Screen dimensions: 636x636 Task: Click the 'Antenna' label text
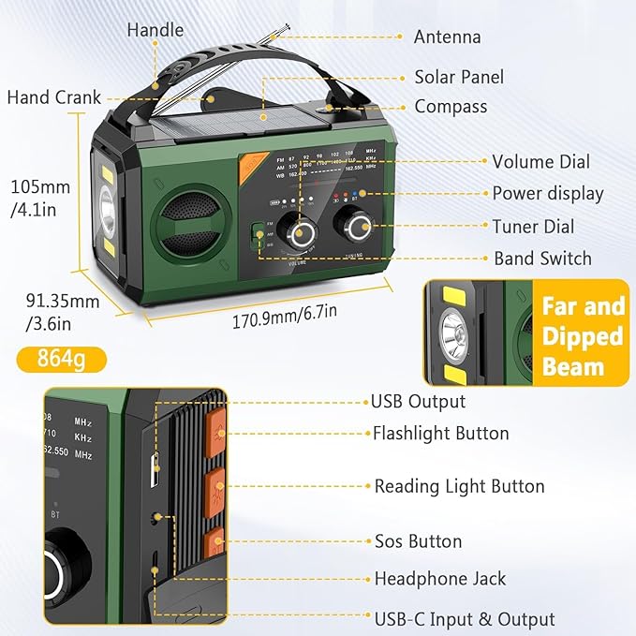(x=447, y=37)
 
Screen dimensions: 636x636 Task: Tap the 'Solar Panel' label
(x=459, y=77)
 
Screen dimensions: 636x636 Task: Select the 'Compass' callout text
(x=451, y=107)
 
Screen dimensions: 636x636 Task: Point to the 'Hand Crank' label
(x=53, y=97)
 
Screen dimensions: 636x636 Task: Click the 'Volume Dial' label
(x=540, y=162)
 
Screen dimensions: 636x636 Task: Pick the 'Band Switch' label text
(x=542, y=259)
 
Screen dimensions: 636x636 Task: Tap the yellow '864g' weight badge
(x=62, y=358)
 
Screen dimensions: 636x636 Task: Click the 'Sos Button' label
(x=418, y=541)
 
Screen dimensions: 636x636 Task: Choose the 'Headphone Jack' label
(x=440, y=579)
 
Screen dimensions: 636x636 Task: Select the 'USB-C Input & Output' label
(x=465, y=619)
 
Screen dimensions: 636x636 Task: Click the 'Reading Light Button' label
(x=459, y=486)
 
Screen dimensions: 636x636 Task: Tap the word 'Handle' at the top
(x=155, y=29)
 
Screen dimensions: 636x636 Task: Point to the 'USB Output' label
(x=419, y=401)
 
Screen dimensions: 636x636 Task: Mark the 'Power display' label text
(x=548, y=194)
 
